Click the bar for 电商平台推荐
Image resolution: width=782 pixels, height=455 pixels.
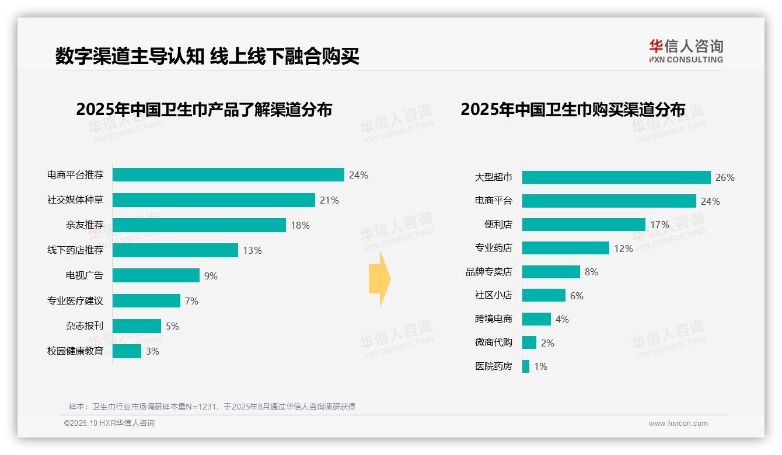coord(228,175)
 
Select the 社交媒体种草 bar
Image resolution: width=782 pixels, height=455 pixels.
coord(214,200)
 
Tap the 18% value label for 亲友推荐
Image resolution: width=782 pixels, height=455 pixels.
coord(300,225)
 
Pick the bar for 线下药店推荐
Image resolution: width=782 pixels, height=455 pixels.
coord(175,250)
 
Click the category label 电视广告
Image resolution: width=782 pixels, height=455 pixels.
coord(84,275)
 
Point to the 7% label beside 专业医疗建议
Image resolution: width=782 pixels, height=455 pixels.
coord(191,301)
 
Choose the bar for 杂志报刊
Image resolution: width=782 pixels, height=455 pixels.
coord(137,326)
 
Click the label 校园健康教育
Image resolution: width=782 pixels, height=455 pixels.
coord(75,351)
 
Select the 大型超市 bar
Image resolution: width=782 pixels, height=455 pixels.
coord(616,177)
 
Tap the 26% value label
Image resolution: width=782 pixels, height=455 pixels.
coord(725,178)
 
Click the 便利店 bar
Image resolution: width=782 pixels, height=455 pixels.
coord(584,225)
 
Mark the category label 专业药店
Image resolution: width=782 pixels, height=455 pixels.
coord(493,249)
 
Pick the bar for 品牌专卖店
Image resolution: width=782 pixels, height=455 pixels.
coord(551,272)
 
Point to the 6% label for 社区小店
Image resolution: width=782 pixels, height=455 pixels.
coord(577,296)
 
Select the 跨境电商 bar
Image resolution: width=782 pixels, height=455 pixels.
coord(536,319)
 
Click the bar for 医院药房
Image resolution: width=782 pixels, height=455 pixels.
coord(526,366)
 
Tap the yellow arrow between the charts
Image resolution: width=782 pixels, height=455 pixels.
coord(379,279)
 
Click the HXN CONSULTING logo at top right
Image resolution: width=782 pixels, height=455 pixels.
coord(686,51)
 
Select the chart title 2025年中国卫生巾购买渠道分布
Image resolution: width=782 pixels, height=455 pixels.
coord(572,110)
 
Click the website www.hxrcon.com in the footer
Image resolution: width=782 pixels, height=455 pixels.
coord(678,423)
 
